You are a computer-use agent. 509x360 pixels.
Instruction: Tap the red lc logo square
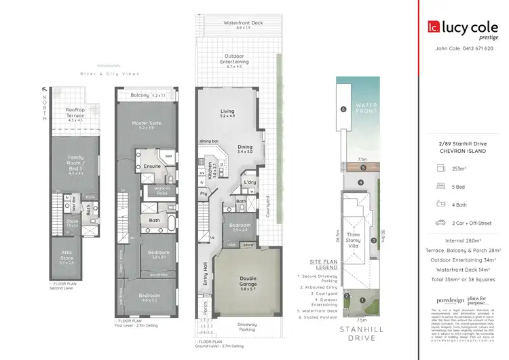[433, 28]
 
